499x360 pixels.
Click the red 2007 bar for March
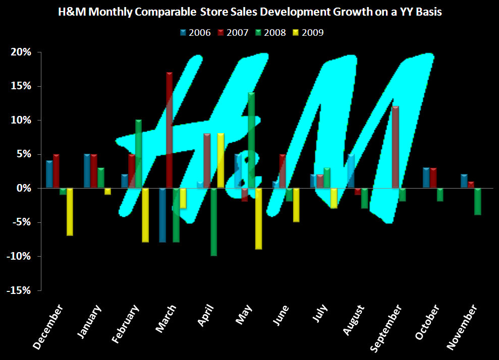tap(169, 130)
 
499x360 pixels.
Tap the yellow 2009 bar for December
tap(70, 211)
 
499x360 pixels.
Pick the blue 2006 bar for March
tap(162, 215)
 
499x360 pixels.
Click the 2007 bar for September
tap(395, 147)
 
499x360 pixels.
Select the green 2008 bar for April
tap(213, 222)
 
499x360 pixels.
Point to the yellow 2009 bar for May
tap(258, 218)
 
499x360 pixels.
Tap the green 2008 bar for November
tap(477, 201)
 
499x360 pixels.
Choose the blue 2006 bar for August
tap(351, 171)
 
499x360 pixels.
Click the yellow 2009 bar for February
tap(145, 215)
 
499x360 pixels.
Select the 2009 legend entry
tap(308, 33)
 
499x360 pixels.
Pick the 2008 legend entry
tap(271, 33)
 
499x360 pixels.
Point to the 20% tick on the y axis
tap(21, 52)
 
